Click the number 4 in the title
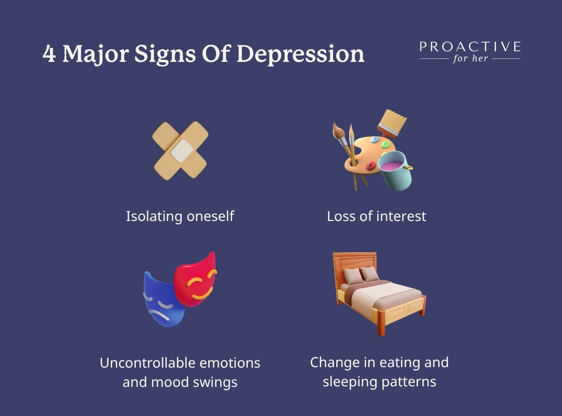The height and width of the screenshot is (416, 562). coord(49,55)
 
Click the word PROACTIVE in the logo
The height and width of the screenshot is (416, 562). coord(470,47)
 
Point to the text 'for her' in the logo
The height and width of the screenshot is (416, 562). coord(470,58)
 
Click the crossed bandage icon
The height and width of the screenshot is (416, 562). coord(180,150)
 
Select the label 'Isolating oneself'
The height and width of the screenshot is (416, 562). coord(180,216)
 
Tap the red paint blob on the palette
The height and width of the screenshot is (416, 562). coord(371,165)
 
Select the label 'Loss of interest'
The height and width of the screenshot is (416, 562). coord(376,216)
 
